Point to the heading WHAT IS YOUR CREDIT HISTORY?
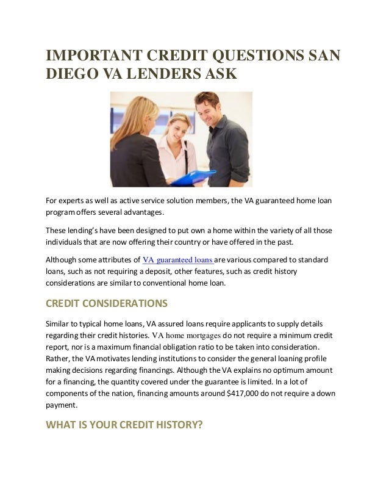pyautogui.click(x=124, y=426)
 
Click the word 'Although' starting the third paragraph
pyautogui.click(x=63, y=259)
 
